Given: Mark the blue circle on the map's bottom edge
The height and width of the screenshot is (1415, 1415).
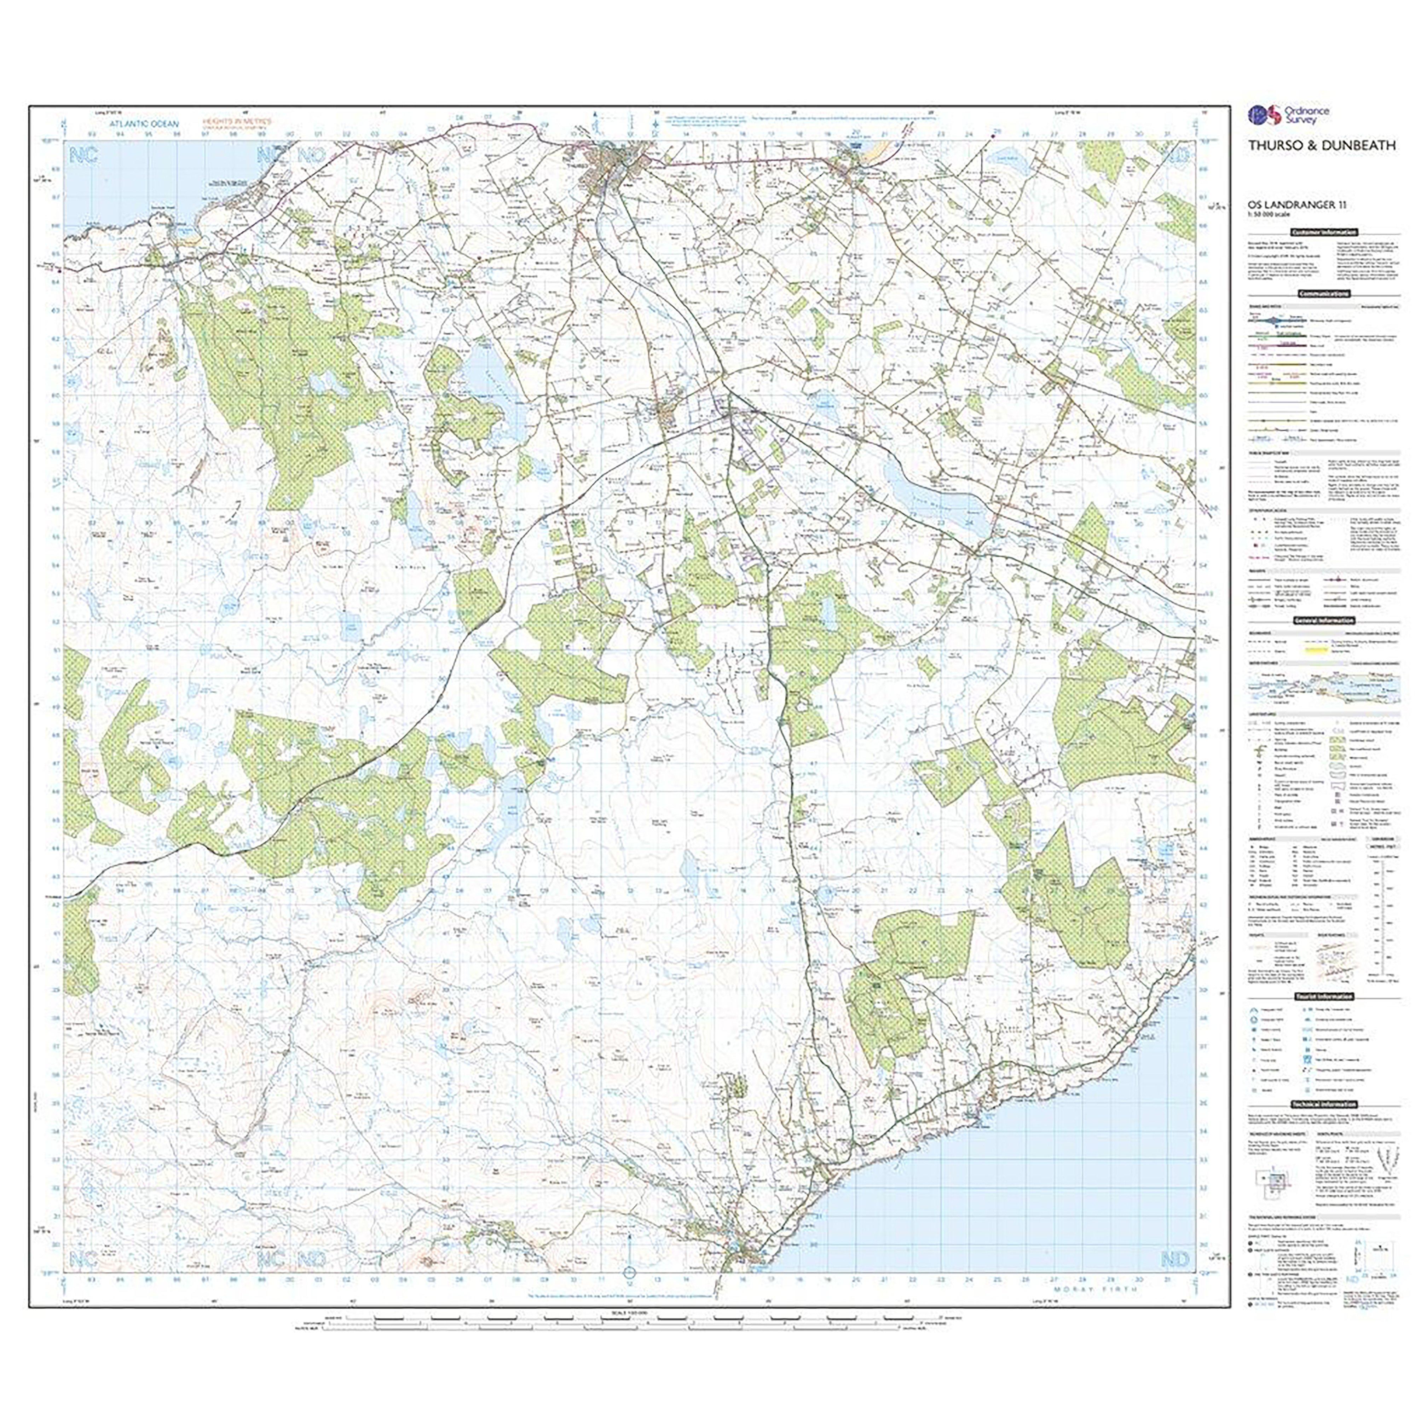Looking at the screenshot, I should pyautogui.click(x=628, y=1292).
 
